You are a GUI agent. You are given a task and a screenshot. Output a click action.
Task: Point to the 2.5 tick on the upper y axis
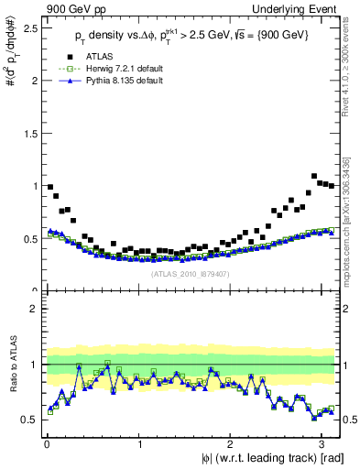click(29, 27)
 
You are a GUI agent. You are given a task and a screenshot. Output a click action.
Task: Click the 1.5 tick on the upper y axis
click(29, 133)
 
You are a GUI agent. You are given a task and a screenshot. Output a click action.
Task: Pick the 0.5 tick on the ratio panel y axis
click(29, 420)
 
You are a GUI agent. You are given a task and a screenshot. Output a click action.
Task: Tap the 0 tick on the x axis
click(46, 444)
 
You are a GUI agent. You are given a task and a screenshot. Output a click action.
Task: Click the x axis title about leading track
click(256, 458)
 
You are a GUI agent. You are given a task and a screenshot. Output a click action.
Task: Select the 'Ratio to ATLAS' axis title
click(11, 365)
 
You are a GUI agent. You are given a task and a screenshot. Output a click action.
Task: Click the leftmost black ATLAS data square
click(49, 187)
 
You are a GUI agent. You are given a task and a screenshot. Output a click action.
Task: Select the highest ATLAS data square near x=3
click(314, 176)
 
